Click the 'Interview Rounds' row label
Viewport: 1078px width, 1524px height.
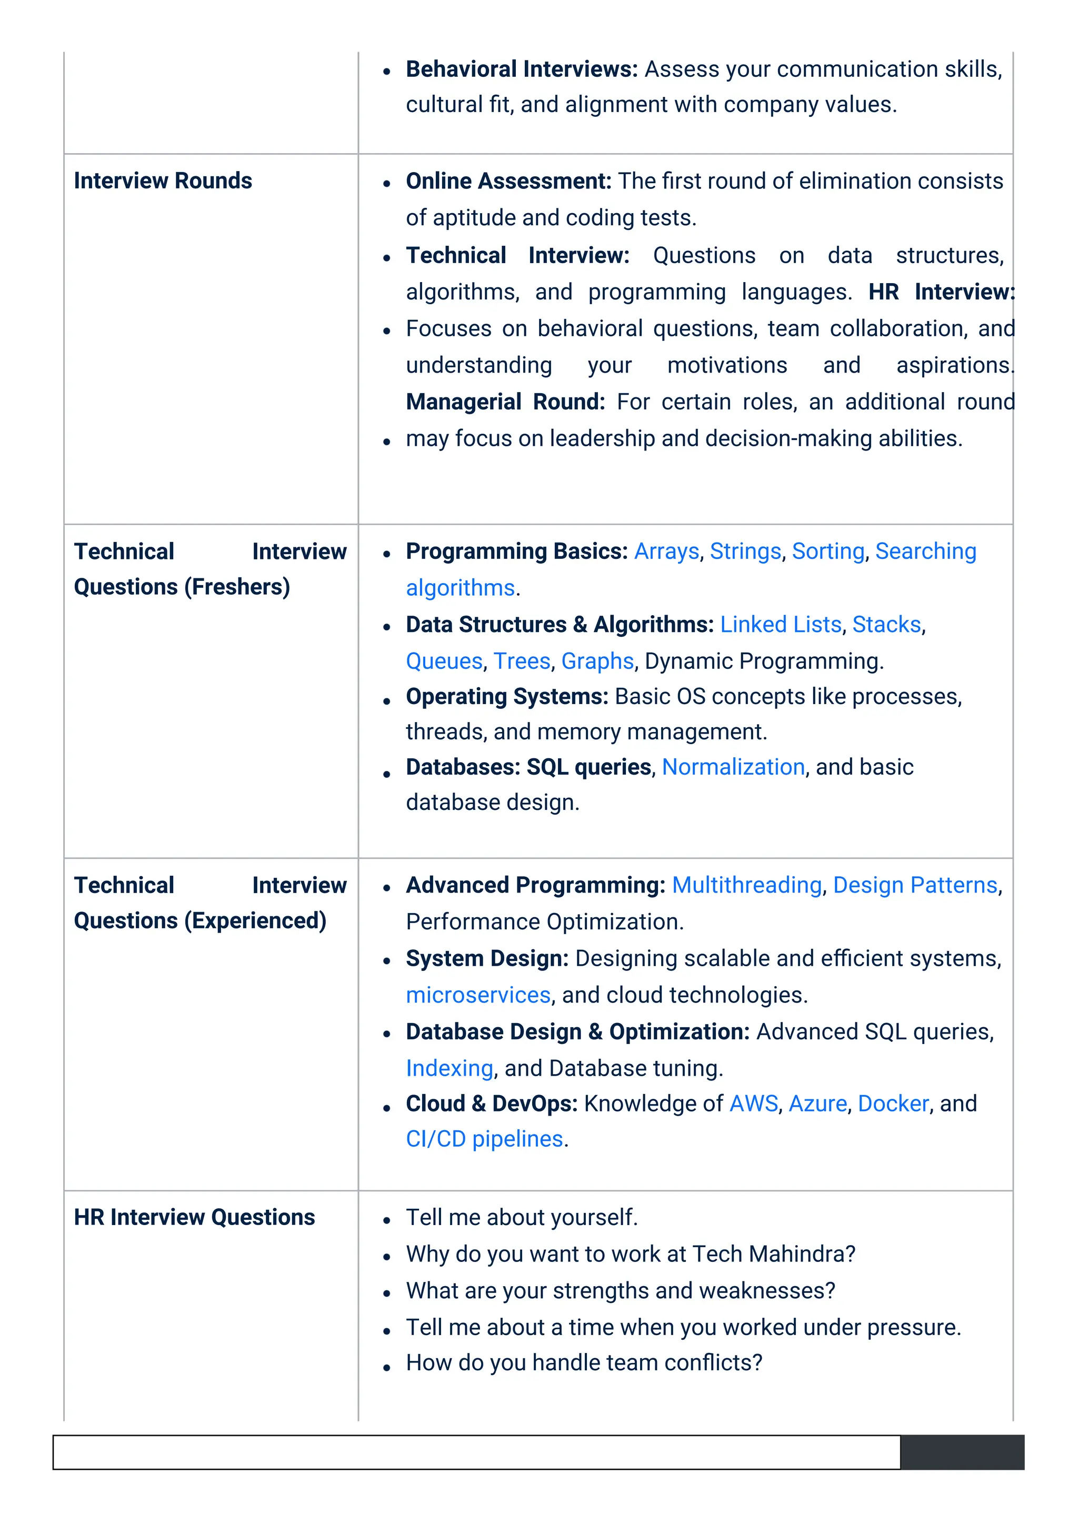pyautogui.click(x=163, y=181)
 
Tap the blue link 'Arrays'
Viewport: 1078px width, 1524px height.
pyautogui.click(x=666, y=551)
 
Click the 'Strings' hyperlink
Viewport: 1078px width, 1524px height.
pyautogui.click(x=745, y=551)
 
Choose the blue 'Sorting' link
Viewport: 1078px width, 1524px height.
pyautogui.click(x=828, y=551)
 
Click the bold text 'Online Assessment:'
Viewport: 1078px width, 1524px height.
pyautogui.click(x=508, y=181)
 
